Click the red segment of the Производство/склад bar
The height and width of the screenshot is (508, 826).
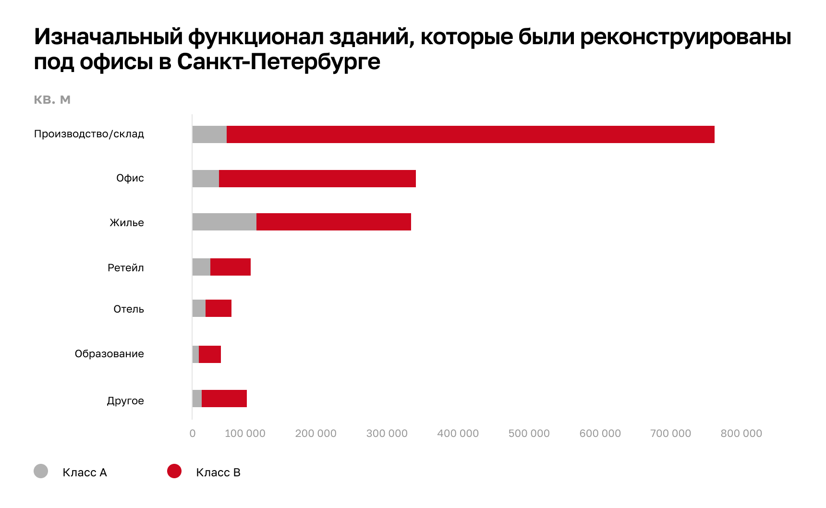[x=470, y=134]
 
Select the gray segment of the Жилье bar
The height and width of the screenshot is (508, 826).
[x=224, y=222]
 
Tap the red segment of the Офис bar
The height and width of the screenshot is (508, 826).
[x=317, y=179]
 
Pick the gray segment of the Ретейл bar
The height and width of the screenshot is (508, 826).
[x=201, y=267]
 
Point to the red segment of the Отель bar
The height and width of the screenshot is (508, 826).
[x=219, y=308]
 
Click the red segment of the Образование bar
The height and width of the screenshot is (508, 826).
[x=210, y=354]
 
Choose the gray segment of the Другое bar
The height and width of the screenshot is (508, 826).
[x=197, y=399]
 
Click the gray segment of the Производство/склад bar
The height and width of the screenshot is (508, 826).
[x=209, y=134]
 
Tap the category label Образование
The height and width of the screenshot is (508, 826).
[x=109, y=354]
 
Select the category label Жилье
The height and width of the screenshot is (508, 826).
[x=127, y=222]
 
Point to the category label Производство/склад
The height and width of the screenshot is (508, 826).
[x=89, y=134]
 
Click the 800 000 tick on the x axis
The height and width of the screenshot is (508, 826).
[x=741, y=434]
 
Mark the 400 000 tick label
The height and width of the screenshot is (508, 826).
[x=458, y=434]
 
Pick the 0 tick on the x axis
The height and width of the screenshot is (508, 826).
[x=193, y=434]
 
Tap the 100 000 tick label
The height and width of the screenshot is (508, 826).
[x=245, y=434]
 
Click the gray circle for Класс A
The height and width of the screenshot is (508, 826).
[x=41, y=471]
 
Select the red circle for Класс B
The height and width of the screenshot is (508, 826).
[x=174, y=471]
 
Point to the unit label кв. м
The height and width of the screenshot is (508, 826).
[x=52, y=100]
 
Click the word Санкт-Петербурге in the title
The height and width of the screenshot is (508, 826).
[x=279, y=61]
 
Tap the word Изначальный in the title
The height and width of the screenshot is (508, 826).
[x=108, y=36]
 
